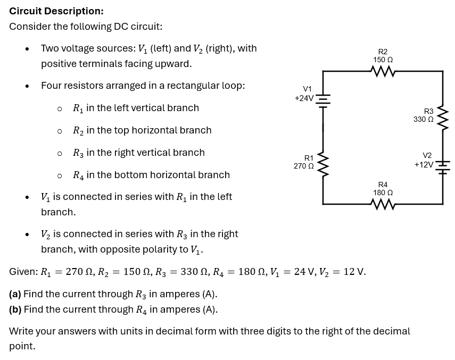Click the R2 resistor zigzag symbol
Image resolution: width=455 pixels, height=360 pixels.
383,71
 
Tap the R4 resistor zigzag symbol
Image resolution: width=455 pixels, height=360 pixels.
383,204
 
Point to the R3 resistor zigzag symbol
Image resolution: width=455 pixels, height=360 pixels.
443,118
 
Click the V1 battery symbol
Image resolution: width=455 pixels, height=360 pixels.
323,101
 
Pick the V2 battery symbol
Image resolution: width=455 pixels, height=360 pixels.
443,168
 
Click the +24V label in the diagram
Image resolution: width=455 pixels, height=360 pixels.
304,98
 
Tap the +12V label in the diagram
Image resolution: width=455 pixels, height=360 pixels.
424,165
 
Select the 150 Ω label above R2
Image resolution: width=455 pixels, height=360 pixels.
383,60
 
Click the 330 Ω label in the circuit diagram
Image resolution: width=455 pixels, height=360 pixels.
424,119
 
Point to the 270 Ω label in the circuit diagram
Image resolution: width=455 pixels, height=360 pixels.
303,166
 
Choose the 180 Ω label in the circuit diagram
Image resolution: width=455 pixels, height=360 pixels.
383,192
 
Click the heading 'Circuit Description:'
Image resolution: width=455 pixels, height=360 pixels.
56,11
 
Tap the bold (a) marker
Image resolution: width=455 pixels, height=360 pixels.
15,294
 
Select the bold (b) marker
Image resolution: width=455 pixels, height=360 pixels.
15,309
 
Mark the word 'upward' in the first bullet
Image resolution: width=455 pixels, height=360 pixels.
174,64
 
